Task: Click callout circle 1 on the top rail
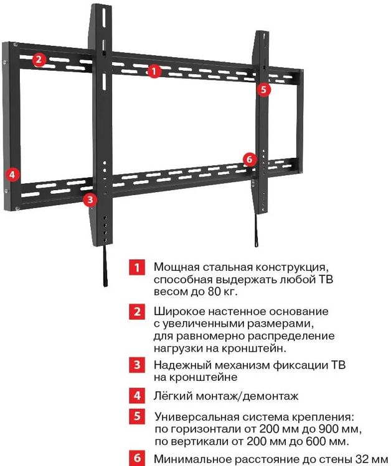coord(154,71)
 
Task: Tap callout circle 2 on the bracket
coord(39,60)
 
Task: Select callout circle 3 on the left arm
coord(90,200)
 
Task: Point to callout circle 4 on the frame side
coord(12,174)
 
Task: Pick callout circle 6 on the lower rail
coord(249,160)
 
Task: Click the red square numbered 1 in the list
coord(137,268)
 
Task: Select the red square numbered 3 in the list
coord(137,365)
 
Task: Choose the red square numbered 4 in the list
coord(137,395)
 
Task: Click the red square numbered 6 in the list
coord(137,459)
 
